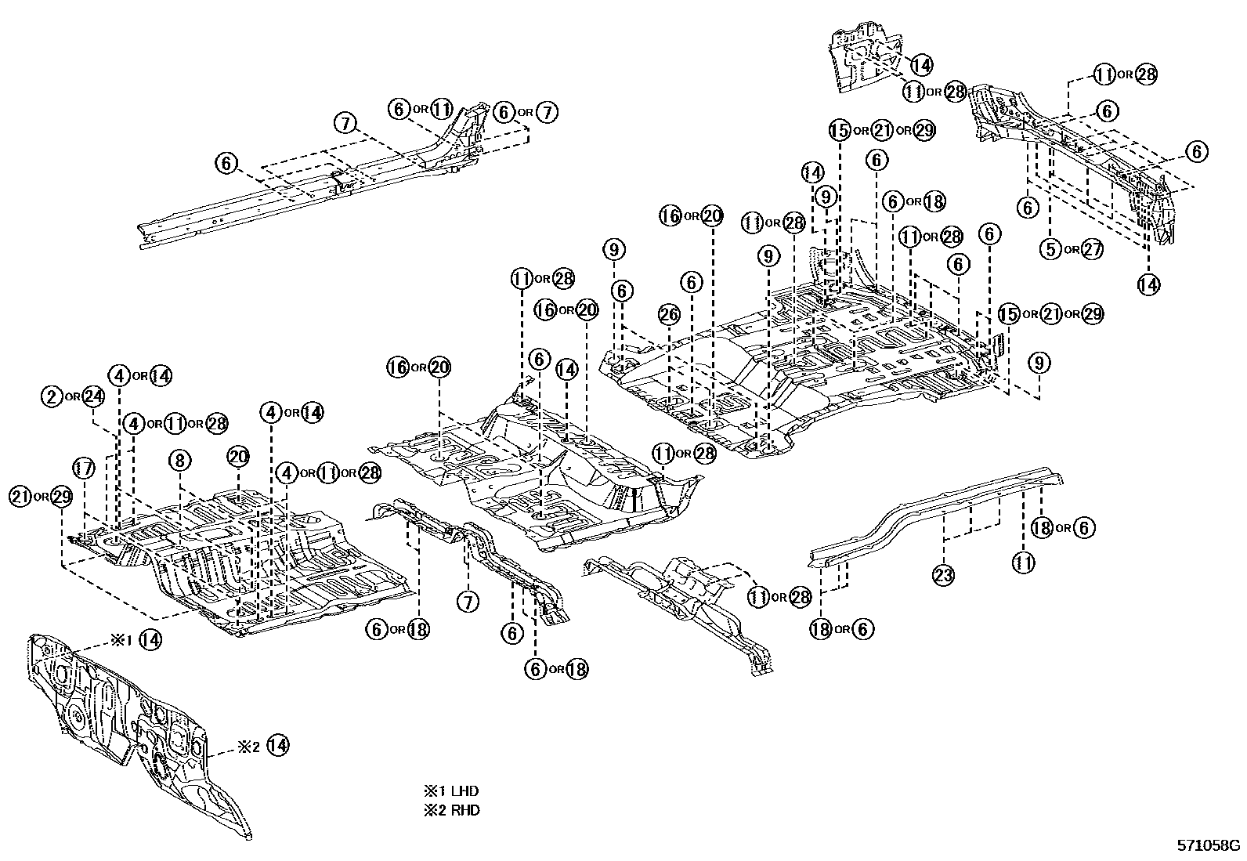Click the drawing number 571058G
tap(1209, 845)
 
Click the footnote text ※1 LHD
tap(451, 791)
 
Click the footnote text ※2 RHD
tap(451, 810)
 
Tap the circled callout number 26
tap(668, 315)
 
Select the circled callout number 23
tap(944, 576)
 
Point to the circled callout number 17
tap(83, 468)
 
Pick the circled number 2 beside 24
tap(52, 396)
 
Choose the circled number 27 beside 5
tap(1091, 249)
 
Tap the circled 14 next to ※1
tap(150, 640)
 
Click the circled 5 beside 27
tap(1050, 249)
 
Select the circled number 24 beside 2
tap(93, 396)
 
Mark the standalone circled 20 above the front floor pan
tap(238, 456)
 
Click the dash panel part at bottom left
tap(133, 729)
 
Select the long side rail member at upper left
tap(313, 188)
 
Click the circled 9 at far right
tap(1039, 363)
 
